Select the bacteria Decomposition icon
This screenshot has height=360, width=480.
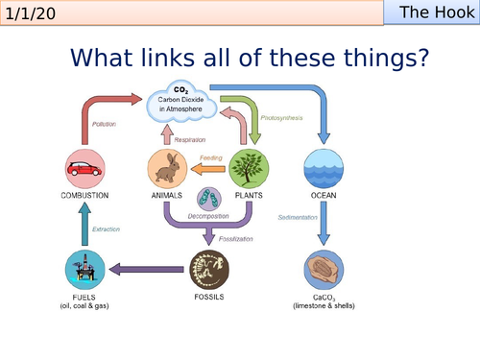pyautogui.click(x=210, y=200)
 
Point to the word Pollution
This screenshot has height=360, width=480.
pyautogui.click(x=106, y=125)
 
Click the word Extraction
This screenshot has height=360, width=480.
pyautogui.click(x=108, y=228)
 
